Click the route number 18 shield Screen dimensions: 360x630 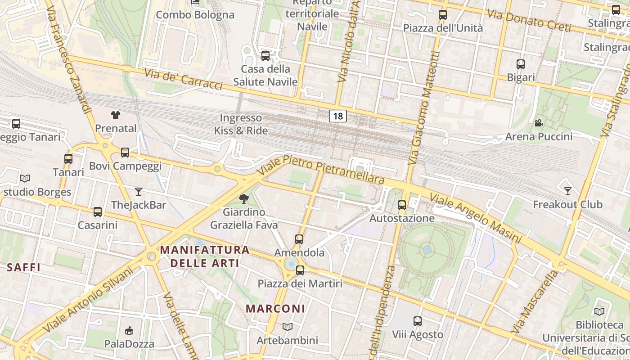pyautogui.click(x=338, y=116)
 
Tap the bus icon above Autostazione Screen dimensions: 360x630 pyautogui.click(x=402, y=205)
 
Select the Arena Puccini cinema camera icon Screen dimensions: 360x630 pyautogui.click(x=538, y=123)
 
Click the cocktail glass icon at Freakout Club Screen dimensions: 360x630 pyautogui.click(x=568, y=191)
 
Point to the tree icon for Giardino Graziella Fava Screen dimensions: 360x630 pyautogui.click(x=244, y=198)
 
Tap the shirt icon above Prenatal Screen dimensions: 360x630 pyautogui.click(x=116, y=115)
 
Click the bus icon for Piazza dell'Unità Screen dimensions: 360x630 pyautogui.click(x=443, y=15)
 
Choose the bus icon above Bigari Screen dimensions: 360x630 pyautogui.click(x=521, y=64)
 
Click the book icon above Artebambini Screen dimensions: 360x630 pyautogui.click(x=287, y=327)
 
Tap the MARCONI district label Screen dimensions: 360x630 pyautogui.click(x=275, y=309)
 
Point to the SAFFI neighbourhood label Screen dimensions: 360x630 pyautogui.click(x=24, y=267)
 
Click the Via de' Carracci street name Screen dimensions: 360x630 pyautogui.click(x=183, y=79)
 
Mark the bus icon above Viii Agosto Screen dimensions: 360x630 pyautogui.click(x=418, y=321)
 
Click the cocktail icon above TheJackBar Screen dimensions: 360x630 pyautogui.click(x=139, y=192)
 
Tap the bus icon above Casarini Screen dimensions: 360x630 pyautogui.click(x=97, y=212)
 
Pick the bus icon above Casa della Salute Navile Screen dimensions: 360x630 pyautogui.click(x=265, y=56)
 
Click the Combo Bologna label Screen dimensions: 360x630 pyautogui.click(x=195, y=15)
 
